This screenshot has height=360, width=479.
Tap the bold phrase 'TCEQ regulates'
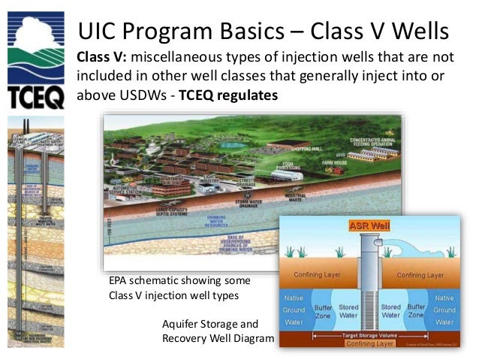pos(229,96)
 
